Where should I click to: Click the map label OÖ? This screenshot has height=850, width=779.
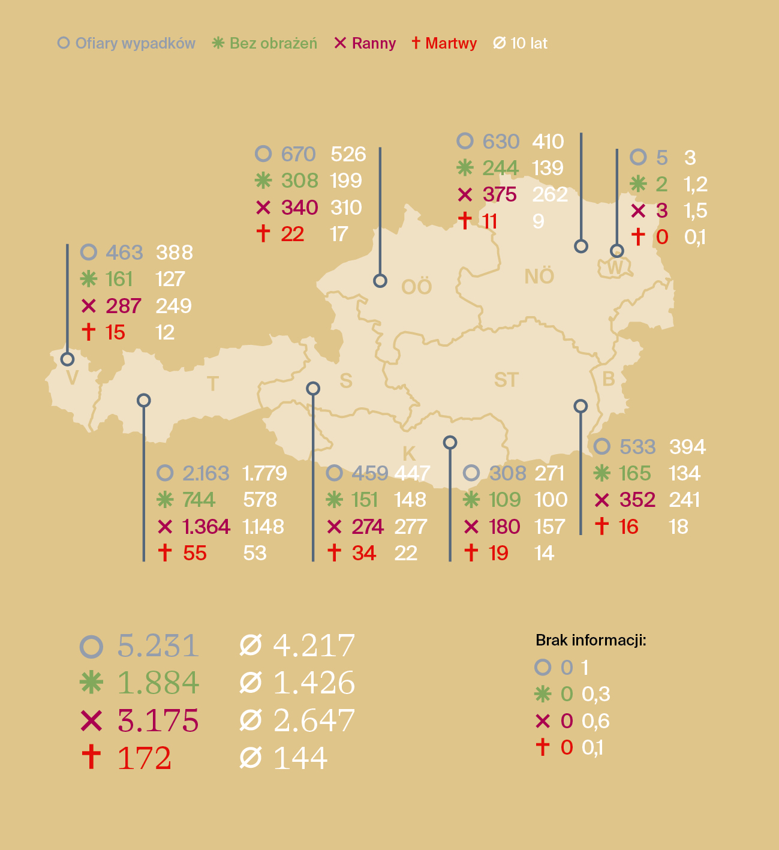[x=416, y=287]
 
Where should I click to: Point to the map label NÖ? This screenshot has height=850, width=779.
[x=539, y=277]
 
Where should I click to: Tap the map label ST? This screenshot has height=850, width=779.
[x=506, y=380]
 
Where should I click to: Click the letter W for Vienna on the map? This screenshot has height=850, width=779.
[x=615, y=268]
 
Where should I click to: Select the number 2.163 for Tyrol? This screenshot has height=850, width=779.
[x=206, y=473]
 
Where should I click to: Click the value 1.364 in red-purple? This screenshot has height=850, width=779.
[x=206, y=527]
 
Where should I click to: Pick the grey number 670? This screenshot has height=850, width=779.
[x=298, y=154]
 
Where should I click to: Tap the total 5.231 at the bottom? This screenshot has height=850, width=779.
[x=158, y=646]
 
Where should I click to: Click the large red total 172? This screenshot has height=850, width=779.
[x=145, y=758]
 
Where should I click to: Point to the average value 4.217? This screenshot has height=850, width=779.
[x=314, y=646]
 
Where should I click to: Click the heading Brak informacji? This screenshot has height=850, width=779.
[x=591, y=640]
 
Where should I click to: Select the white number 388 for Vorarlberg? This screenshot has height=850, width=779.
[x=175, y=253]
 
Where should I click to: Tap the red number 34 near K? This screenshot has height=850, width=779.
[x=364, y=553]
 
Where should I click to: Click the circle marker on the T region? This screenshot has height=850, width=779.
[x=143, y=400]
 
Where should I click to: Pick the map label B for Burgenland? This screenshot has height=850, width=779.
[x=608, y=379]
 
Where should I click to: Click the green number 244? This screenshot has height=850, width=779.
[x=500, y=168]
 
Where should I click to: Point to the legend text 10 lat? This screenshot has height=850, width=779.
[x=528, y=43]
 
